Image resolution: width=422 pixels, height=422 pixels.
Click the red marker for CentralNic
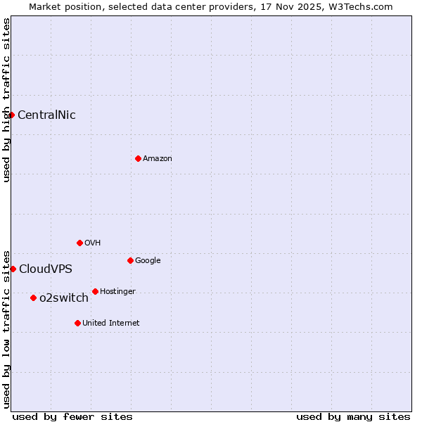coord(12,115)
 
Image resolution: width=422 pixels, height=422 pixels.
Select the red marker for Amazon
coord(138,158)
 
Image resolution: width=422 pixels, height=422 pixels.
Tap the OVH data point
coord(79,243)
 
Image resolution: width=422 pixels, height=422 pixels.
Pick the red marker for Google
coord(130,260)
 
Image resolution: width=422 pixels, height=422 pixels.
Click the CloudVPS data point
coord(13,269)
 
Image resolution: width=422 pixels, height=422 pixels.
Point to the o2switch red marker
coord(33,298)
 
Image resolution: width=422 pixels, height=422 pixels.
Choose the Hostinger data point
coord(95,291)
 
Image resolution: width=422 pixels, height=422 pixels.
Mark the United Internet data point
coord(77,323)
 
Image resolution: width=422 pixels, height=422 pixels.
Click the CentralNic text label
coord(46,115)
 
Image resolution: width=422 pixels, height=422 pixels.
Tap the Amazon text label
coord(158,158)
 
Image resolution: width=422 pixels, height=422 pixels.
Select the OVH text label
coord(92,243)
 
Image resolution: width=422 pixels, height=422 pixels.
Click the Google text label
coord(148,260)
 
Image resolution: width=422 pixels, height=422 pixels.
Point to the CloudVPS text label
coord(46,269)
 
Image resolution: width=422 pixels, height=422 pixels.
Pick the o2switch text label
coord(64,298)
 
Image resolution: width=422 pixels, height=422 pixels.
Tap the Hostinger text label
coord(117,291)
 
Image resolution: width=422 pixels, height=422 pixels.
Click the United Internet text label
coord(111,323)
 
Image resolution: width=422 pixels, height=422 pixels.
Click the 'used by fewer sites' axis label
coord(72,416)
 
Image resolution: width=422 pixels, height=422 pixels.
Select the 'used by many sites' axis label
coord(353,416)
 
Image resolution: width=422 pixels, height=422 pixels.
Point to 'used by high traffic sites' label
coord(6,100)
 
